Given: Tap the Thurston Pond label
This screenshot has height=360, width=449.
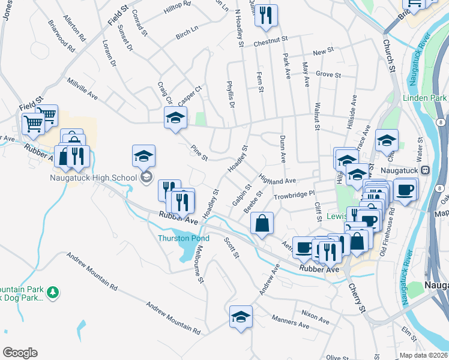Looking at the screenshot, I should coord(184,238).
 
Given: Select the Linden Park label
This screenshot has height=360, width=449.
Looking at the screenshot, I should coord(425,97).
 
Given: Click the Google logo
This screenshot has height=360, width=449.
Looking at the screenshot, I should coord(20,353).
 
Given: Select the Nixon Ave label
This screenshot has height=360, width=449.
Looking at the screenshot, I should coord(315,314).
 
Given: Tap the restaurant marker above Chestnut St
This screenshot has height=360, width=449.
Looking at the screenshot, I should coord(266,14).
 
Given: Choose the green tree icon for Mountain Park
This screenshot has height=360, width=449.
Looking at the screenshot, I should coord(53,292).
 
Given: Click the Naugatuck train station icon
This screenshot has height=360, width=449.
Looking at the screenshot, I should coord(425,170).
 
